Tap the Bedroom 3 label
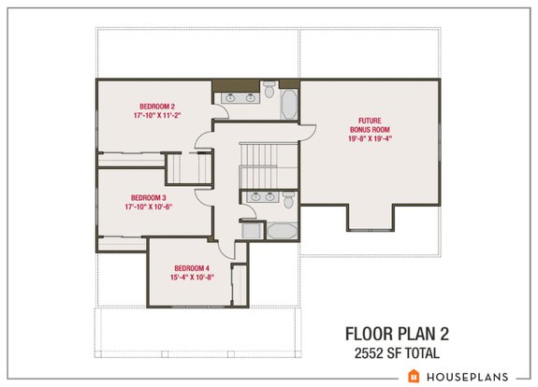pyautogui.click(x=148, y=197)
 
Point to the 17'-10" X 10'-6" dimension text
pyautogui.click(x=148, y=208)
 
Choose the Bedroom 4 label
pyautogui.click(x=191, y=268)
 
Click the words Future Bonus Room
pyautogui.click(x=370, y=124)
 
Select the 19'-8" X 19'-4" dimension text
pyautogui.click(x=370, y=138)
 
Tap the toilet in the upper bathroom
pyautogui.click(x=269, y=91)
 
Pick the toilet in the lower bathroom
pyautogui.click(x=289, y=199)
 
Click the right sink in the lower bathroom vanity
pyautogui.click(x=269, y=197)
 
